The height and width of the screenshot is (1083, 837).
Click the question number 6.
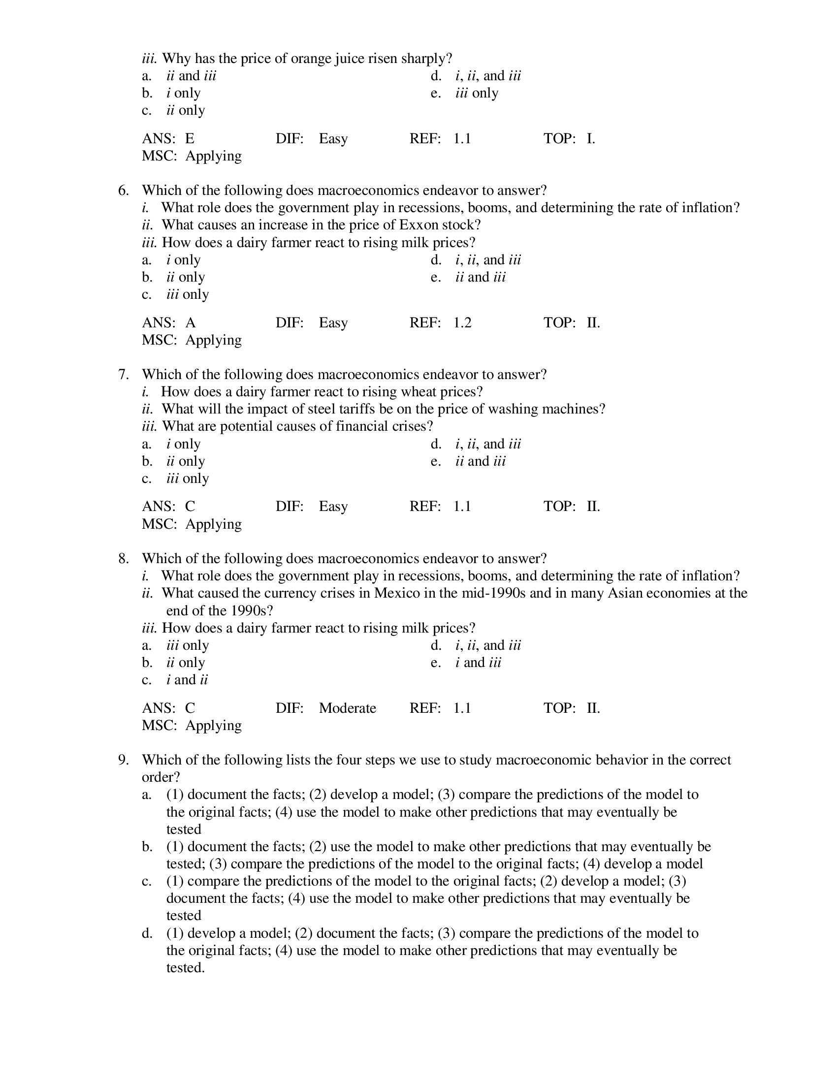(123, 191)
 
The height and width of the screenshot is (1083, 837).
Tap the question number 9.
(123, 760)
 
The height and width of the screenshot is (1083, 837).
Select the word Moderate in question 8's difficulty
(347, 707)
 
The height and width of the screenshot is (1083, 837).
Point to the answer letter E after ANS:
(190, 138)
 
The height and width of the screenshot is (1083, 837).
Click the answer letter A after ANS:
(191, 323)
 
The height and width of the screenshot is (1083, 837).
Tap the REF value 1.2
(462, 323)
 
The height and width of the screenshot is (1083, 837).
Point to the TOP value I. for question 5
(590, 138)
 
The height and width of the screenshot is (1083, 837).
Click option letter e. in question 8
(436, 663)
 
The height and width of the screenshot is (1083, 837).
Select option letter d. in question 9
(147, 933)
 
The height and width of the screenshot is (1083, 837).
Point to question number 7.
(123, 375)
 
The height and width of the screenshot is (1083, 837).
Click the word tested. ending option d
(186, 968)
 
